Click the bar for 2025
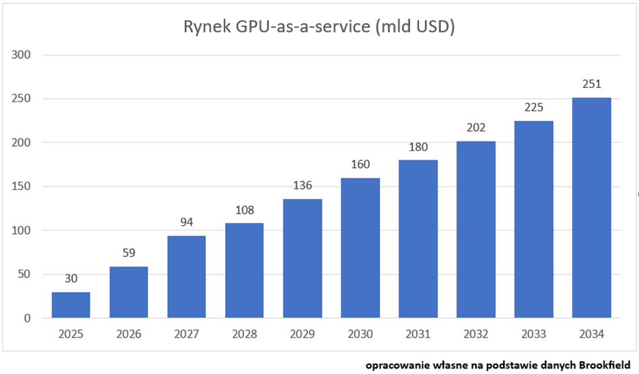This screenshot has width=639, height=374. [x=70, y=304]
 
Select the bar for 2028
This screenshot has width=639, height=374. [x=244, y=271]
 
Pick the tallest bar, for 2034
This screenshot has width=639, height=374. [x=592, y=208]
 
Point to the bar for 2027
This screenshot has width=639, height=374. [x=187, y=277]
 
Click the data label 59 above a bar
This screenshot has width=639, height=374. [x=128, y=254]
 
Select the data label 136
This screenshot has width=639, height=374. [x=302, y=186]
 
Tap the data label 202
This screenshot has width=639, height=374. [x=476, y=128]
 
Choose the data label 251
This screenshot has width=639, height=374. [x=592, y=85]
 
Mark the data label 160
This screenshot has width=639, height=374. [x=360, y=165]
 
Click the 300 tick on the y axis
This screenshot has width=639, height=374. [x=23, y=55]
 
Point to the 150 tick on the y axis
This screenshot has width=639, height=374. [x=23, y=187]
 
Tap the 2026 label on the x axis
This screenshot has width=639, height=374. [x=128, y=334]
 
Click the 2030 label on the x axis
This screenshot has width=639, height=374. [x=360, y=334]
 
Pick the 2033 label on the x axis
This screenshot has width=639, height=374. [x=534, y=334]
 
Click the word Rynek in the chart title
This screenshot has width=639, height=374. [x=206, y=28]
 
